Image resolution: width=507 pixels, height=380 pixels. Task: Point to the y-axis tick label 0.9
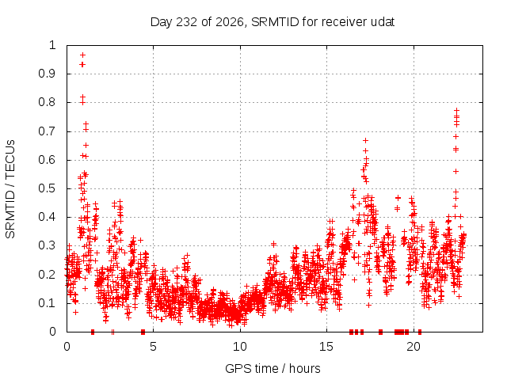(47, 74)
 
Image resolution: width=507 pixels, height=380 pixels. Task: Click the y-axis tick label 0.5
(47, 188)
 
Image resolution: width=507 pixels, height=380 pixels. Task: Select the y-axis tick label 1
(52, 45)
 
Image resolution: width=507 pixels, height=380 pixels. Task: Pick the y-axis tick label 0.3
(47, 245)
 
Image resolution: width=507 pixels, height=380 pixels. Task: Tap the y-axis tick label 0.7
(47, 131)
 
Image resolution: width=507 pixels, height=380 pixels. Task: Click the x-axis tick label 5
(153, 347)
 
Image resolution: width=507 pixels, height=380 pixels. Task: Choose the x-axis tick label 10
(240, 347)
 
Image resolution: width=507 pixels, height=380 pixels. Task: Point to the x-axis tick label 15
(326, 347)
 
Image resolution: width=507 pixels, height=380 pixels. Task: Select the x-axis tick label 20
(414, 347)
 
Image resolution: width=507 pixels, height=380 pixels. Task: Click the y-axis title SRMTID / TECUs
(10, 189)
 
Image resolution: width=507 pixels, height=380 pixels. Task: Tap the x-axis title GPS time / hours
(273, 368)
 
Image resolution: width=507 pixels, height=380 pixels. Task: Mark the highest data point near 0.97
(82, 55)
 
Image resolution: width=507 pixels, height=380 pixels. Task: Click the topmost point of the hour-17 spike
(366, 141)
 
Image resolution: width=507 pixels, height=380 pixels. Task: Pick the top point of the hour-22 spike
(456, 111)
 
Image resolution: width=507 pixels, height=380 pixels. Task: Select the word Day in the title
(162, 23)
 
